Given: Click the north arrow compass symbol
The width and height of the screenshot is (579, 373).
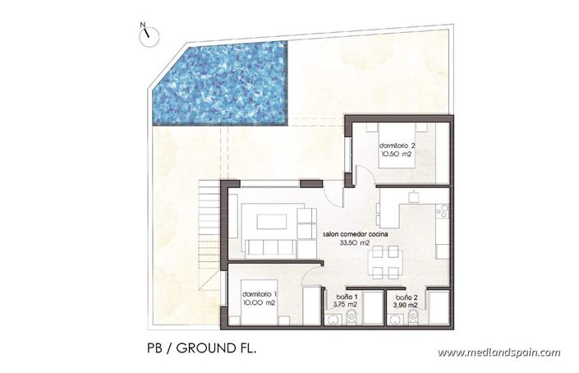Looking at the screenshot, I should pos(145,33).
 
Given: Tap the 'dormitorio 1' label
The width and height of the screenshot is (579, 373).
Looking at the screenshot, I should pos(260,293).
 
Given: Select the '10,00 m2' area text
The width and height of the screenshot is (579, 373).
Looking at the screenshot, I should pos(259,303).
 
